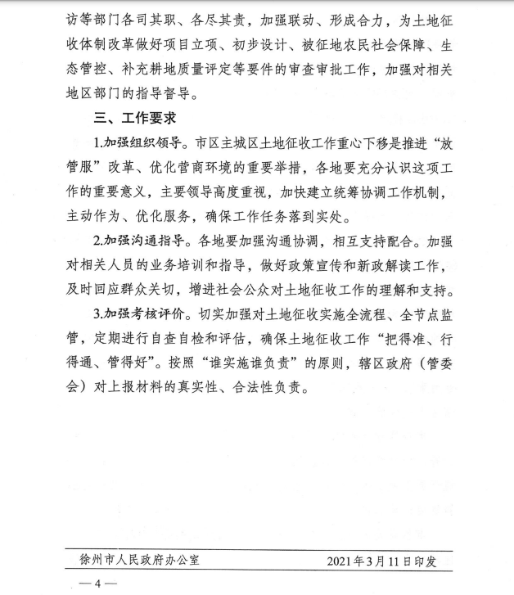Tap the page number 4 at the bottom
(97, 584)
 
